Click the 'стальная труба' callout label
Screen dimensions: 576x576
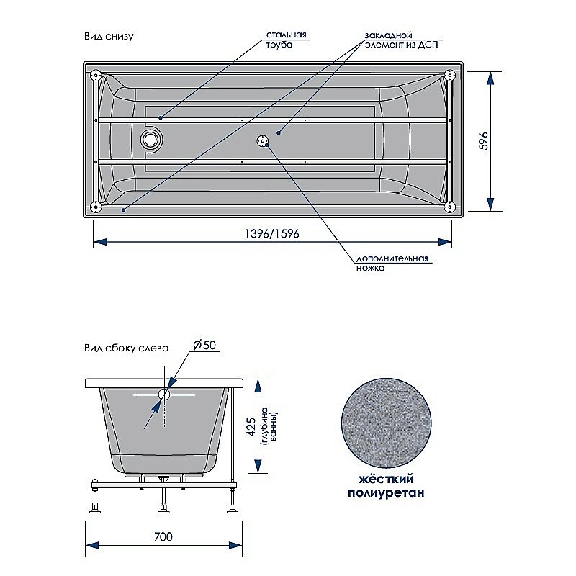(x=287, y=39)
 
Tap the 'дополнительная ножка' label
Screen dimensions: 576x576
(x=392, y=263)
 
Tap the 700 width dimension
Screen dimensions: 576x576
(x=163, y=537)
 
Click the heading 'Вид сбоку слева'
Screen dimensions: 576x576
(x=125, y=347)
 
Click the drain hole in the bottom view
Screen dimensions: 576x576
(x=150, y=138)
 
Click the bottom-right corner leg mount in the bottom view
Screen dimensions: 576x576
(x=450, y=208)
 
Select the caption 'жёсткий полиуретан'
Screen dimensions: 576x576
(x=386, y=486)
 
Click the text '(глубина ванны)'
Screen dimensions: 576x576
(x=269, y=427)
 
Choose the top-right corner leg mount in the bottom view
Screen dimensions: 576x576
(x=450, y=74)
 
